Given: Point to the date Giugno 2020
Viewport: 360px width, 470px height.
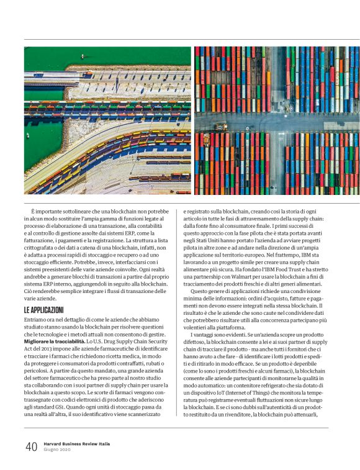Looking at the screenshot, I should pos(57,451).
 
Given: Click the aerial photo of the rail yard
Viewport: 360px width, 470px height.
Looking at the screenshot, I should pos(107,120).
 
